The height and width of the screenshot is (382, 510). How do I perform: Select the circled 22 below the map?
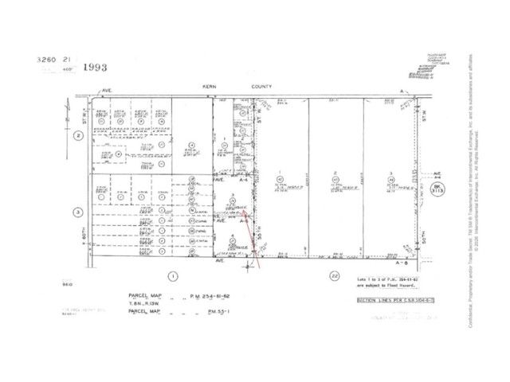tap(333, 275)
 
